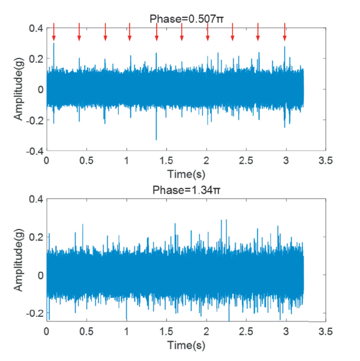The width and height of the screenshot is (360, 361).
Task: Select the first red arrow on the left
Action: click(x=54, y=32)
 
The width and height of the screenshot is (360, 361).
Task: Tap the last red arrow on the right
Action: click(x=284, y=32)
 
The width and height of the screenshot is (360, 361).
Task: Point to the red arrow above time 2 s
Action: click(x=208, y=32)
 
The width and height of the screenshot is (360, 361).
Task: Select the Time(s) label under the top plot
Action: click(x=186, y=174)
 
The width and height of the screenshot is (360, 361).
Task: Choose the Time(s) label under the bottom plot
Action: click(x=186, y=345)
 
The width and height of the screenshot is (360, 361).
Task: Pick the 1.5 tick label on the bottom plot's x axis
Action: click(x=166, y=332)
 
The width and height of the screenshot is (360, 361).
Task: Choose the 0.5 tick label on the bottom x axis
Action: click(x=86, y=332)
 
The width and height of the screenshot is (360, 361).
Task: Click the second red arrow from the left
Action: click(x=79, y=32)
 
